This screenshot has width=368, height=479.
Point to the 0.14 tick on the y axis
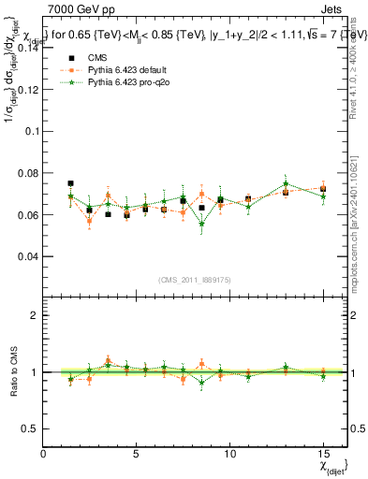pos(27,50)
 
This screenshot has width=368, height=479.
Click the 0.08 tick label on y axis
pos(27,173)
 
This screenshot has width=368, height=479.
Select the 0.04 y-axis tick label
pos(27,255)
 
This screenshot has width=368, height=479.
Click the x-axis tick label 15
pos(323,453)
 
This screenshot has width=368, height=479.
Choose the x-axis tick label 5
pos(137,453)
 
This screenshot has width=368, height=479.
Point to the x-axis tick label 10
pos(229,453)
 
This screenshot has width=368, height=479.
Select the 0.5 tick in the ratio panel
pos(31,428)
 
